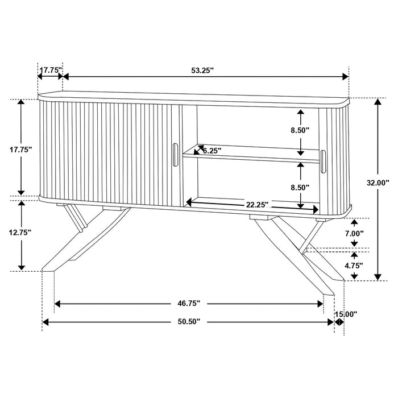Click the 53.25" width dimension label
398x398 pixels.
(202, 71)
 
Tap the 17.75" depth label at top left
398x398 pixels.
(51, 71)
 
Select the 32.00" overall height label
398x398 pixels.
(378, 183)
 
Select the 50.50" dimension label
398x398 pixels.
(188, 322)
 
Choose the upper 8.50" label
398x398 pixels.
(300, 130)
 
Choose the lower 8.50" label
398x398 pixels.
(300, 187)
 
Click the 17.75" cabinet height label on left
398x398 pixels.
(22, 150)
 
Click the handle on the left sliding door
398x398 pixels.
(175, 155)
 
